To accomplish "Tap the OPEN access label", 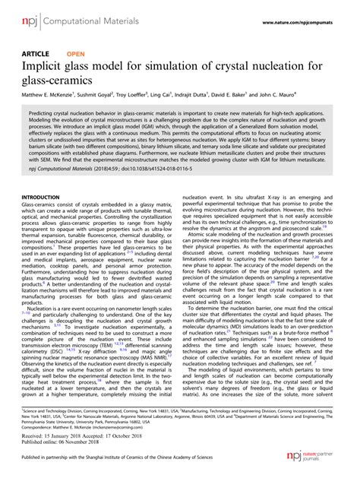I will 75,55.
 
